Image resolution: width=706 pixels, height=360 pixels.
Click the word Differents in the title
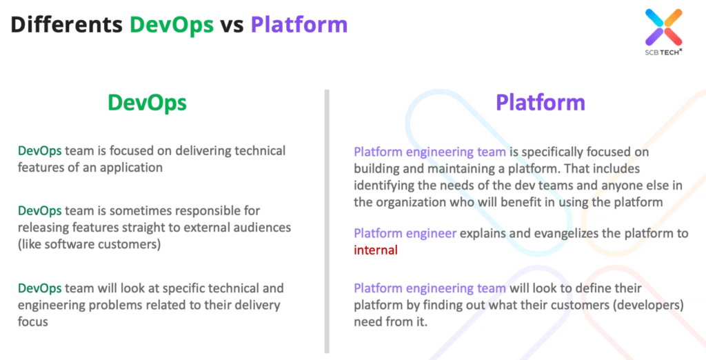click(x=66, y=24)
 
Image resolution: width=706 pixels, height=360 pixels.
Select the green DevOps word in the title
click(x=172, y=25)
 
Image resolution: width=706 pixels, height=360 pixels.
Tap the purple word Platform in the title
click(x=299, y=24)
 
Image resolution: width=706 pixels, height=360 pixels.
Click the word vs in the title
click(x=232, y=26)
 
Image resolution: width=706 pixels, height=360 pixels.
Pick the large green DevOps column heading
click(x=147, y=103)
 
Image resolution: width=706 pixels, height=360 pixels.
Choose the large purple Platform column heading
click(x=541, y=102)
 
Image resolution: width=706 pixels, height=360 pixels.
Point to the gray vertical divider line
click(x=327, y=221)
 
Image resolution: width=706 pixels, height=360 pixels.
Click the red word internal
click(x=376, y=250)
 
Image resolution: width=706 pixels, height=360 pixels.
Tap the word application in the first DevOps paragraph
click(x=131, y=168)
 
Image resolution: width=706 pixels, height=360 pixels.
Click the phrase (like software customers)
click(x=89, y=245)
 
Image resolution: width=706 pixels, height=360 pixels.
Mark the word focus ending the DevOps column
click(x=33, y=321)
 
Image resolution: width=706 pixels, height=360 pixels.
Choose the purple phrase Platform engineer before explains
click(x=405, y=233)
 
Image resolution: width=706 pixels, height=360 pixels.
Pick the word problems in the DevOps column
click(x=115, y=306)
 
